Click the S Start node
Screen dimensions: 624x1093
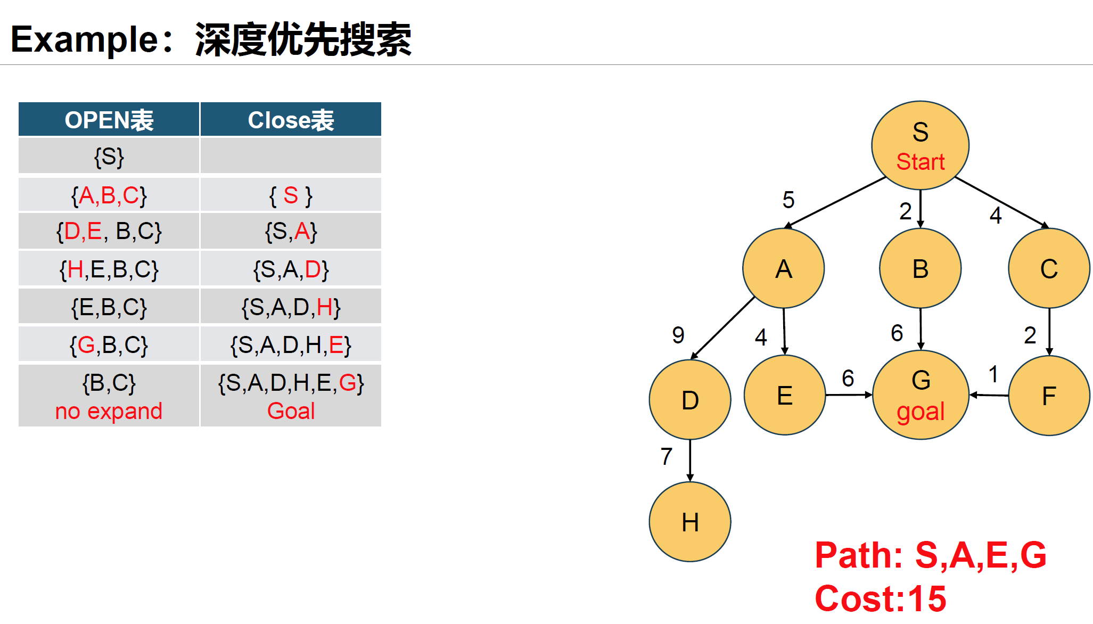920,145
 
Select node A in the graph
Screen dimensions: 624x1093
783,268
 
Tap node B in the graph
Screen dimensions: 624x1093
920,268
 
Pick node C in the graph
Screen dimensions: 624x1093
1049,268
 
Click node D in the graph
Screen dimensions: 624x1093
690,399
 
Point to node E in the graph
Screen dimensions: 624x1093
785,395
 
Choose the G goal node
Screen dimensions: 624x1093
921,395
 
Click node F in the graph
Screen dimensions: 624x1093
1049,396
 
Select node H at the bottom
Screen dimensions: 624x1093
690,522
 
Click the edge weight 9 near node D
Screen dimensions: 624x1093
678,335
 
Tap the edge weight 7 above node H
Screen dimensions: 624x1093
667,456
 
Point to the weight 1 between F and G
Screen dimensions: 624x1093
993,374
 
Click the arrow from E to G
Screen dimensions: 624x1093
849,395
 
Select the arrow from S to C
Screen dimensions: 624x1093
1001,202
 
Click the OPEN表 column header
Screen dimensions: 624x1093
109,120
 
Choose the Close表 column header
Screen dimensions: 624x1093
291,120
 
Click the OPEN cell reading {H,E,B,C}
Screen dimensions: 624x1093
109,269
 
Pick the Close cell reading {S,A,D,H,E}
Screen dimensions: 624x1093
291,345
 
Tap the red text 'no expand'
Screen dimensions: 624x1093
109,411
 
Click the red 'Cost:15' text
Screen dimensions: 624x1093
881,598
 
